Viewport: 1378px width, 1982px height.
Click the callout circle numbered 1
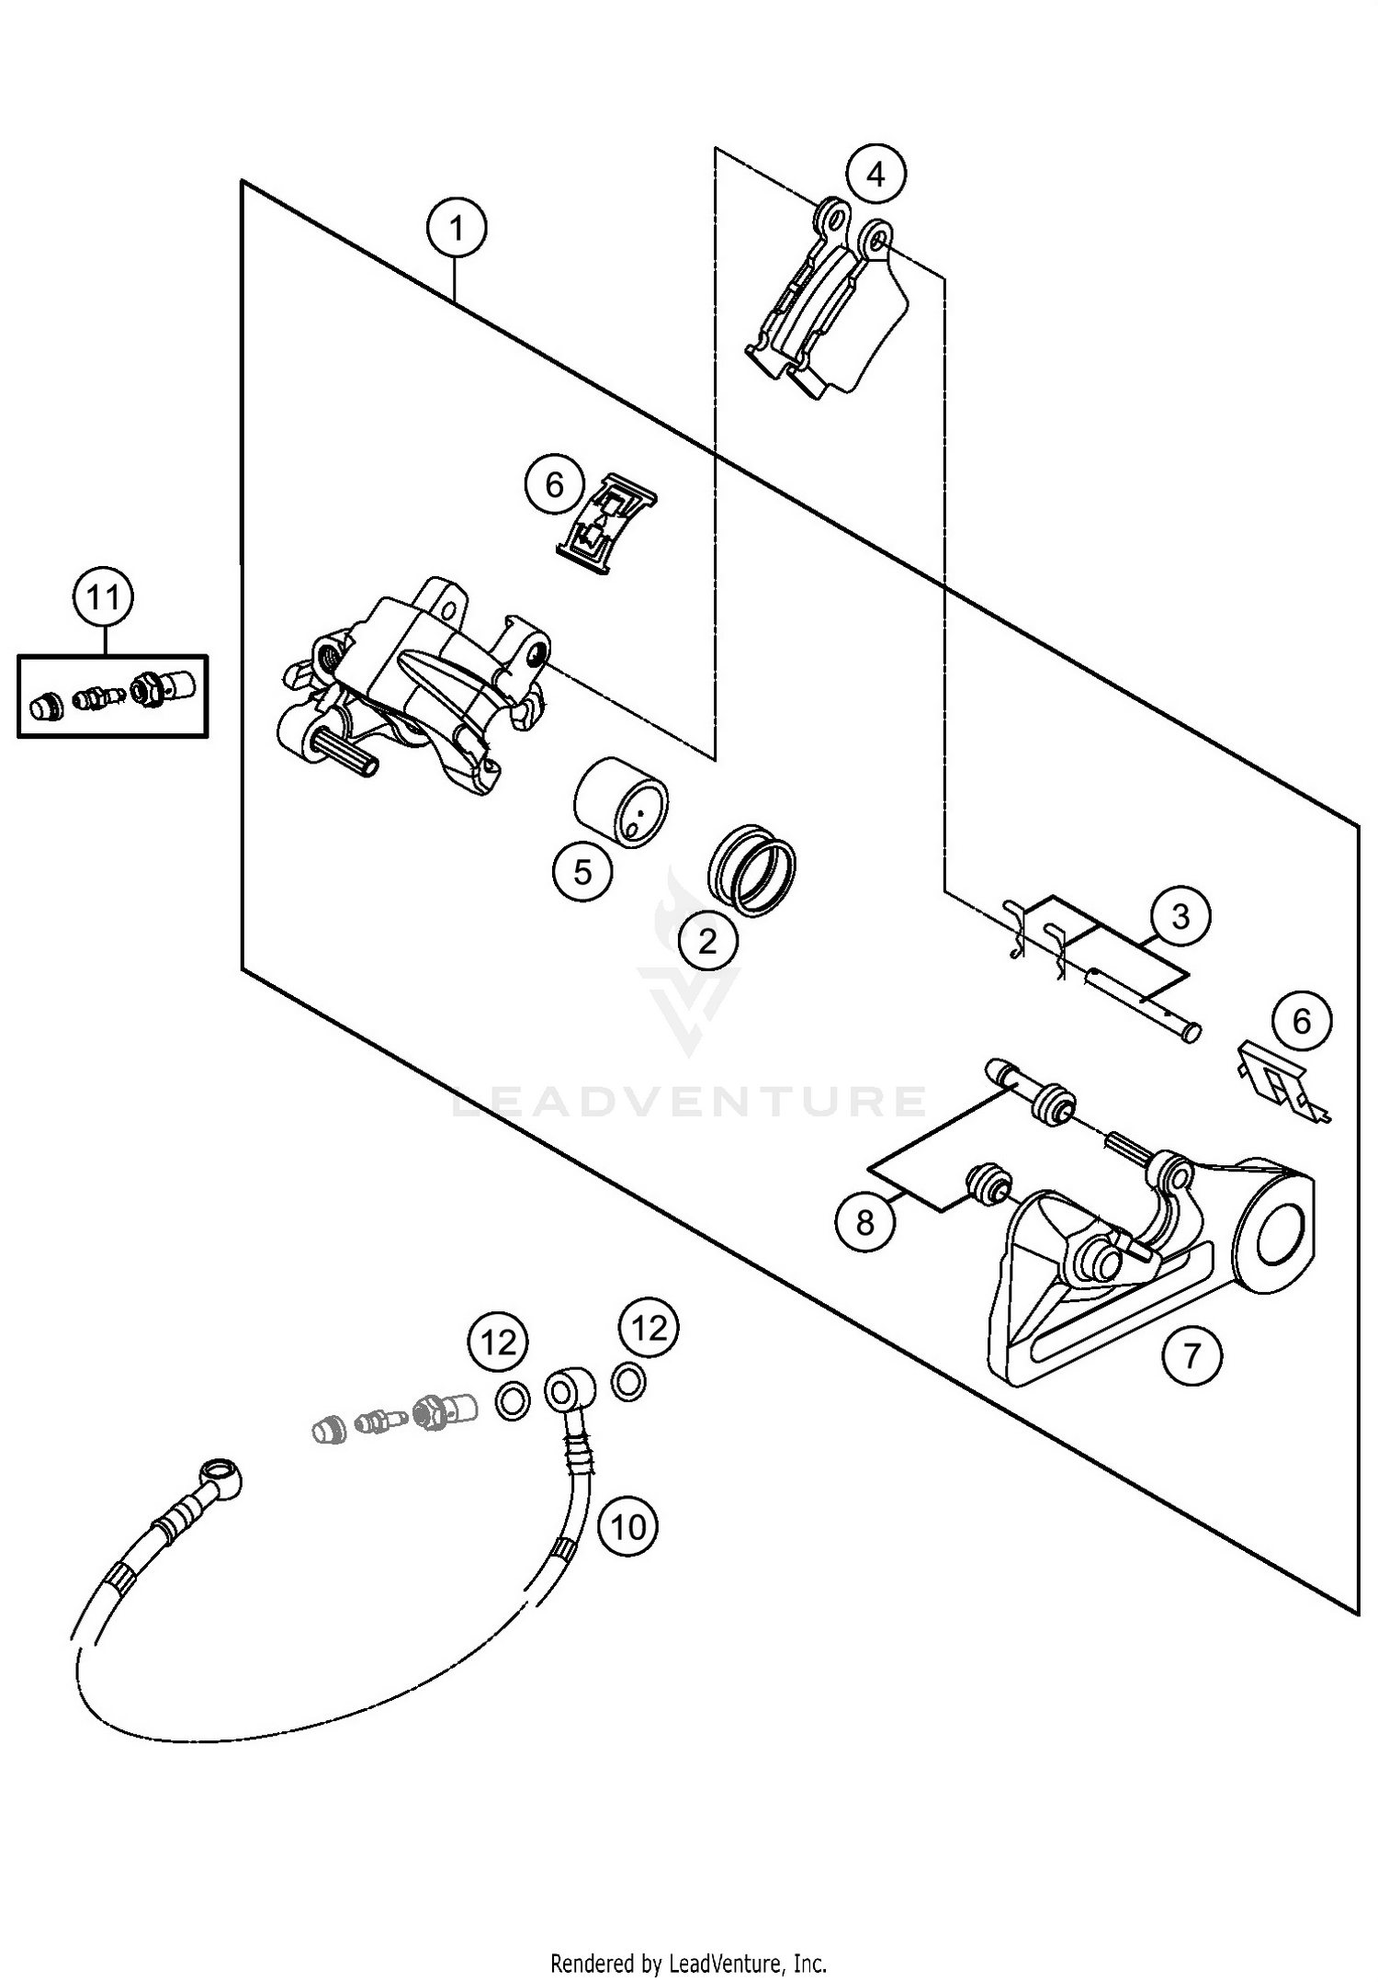tap(457, 227)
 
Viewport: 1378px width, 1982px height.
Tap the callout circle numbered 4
tap(875, 174)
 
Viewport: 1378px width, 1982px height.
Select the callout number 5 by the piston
tap(582, 871)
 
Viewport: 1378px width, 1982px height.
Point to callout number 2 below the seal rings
tap(707, 941)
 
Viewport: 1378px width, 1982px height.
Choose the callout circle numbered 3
tap(1180, 916)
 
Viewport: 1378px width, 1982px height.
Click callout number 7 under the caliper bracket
tap(1192, 1354)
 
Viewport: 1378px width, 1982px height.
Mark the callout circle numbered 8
tap(864, 1222)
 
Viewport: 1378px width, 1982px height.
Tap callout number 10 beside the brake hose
tap(628, 1527)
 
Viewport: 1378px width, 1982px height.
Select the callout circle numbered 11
tap(103, 598)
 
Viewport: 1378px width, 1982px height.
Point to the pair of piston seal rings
tap(752, 869)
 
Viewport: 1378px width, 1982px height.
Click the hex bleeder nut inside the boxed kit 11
tap(146, 689)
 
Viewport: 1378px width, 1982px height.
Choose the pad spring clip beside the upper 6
tap(605, 524)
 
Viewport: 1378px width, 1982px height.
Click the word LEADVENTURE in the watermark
tap(689, 1101)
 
